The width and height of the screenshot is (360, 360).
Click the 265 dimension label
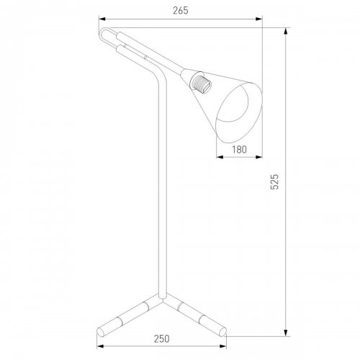(x=181, y=11)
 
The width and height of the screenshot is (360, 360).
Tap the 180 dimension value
(x=239, y=150)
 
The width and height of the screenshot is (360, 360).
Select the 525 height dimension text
(x=274, y=181)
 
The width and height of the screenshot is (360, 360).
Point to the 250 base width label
(x=161, y=338)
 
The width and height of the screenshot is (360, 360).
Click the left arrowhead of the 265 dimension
(x=102, y=19)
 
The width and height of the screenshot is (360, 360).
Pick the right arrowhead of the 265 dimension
(x=259, y=19)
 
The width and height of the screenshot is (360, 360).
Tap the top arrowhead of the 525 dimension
(x=286, y=32)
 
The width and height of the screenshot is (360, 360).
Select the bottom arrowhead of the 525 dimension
(x=286, y=333)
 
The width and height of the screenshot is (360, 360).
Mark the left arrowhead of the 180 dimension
(x=220, y=157)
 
